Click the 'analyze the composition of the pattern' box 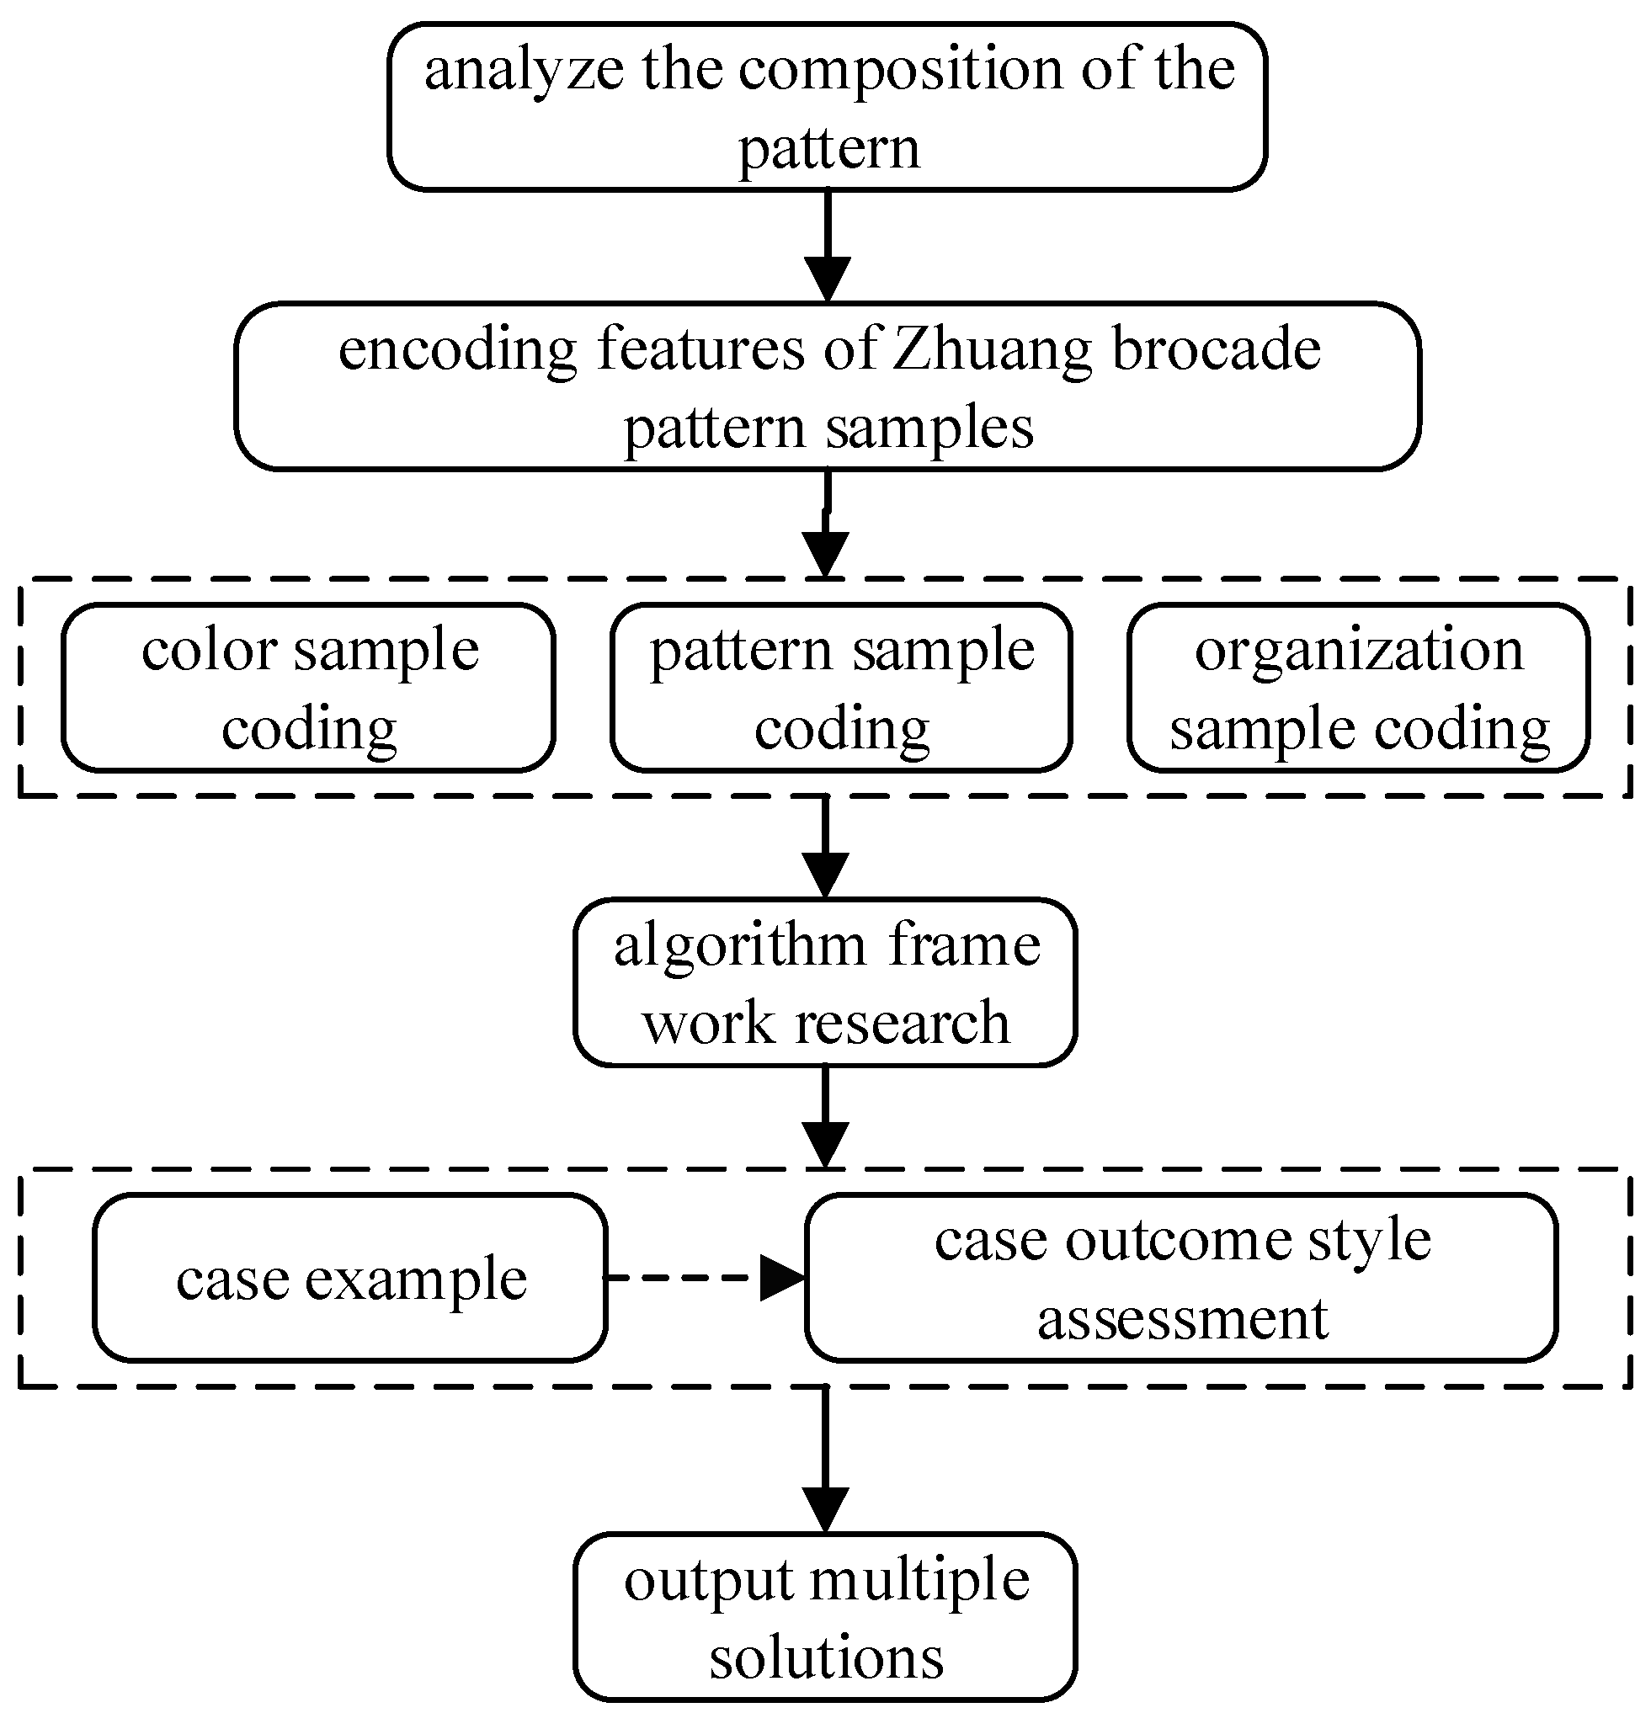coord(828,106)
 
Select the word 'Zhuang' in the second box coord(992,348)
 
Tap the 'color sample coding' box coord(308,687)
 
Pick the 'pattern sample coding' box coord(841,687)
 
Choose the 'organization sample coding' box coord(1358,687)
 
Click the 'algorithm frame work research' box coord(825,982)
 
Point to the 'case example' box coord(350,1278)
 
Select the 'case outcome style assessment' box coord(1181,1278)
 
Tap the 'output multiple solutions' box coord(825,1617)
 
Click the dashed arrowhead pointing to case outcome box coord(781,1278)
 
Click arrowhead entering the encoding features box coord(828,279)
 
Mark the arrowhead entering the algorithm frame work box coord(825,874)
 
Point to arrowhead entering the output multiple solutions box coord(825,1510)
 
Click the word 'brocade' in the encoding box coord(1217,348)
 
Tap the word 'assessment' coord(1182,1319)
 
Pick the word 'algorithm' coord(740,945)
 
